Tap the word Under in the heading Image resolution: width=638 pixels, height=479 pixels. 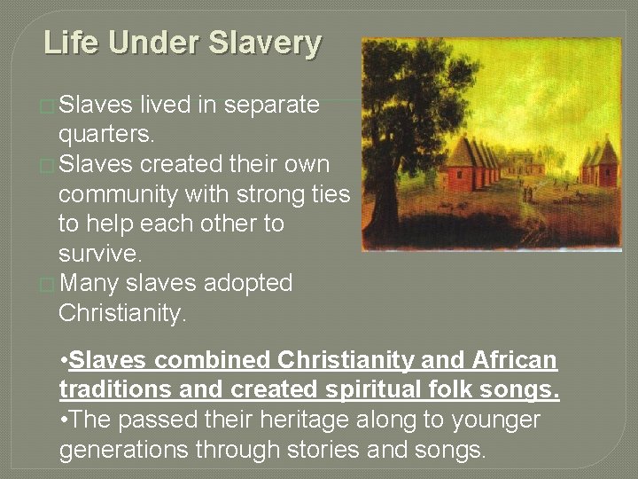coord(147,43)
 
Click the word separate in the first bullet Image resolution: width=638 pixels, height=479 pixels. coord(272,105)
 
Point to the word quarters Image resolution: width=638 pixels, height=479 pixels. coord(106,135)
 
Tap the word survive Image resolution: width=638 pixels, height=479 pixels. coord(99,254)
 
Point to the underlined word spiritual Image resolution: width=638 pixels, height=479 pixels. coord(362,390)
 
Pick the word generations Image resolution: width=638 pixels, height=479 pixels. coord(124,450)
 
